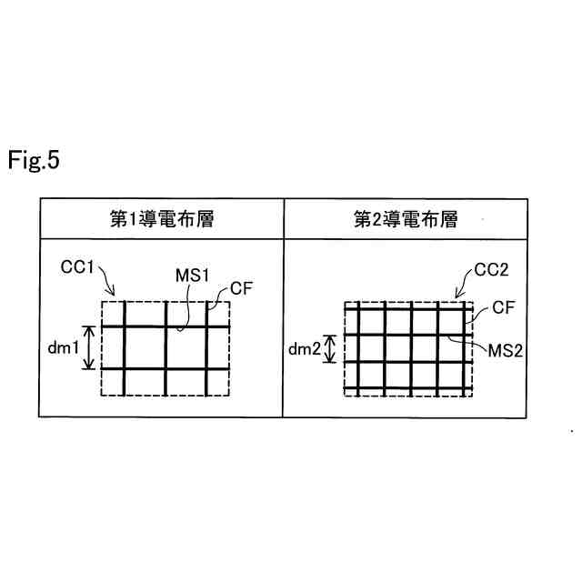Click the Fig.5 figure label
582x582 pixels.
(34, 161)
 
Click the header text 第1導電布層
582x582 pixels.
(161, 219)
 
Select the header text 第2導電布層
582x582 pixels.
(405, 219)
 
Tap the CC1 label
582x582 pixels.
(80, 267)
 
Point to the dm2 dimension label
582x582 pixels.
(306, 349)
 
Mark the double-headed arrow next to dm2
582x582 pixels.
(330, 348)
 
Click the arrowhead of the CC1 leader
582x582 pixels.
(113, 295)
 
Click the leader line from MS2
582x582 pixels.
(463, 343)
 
